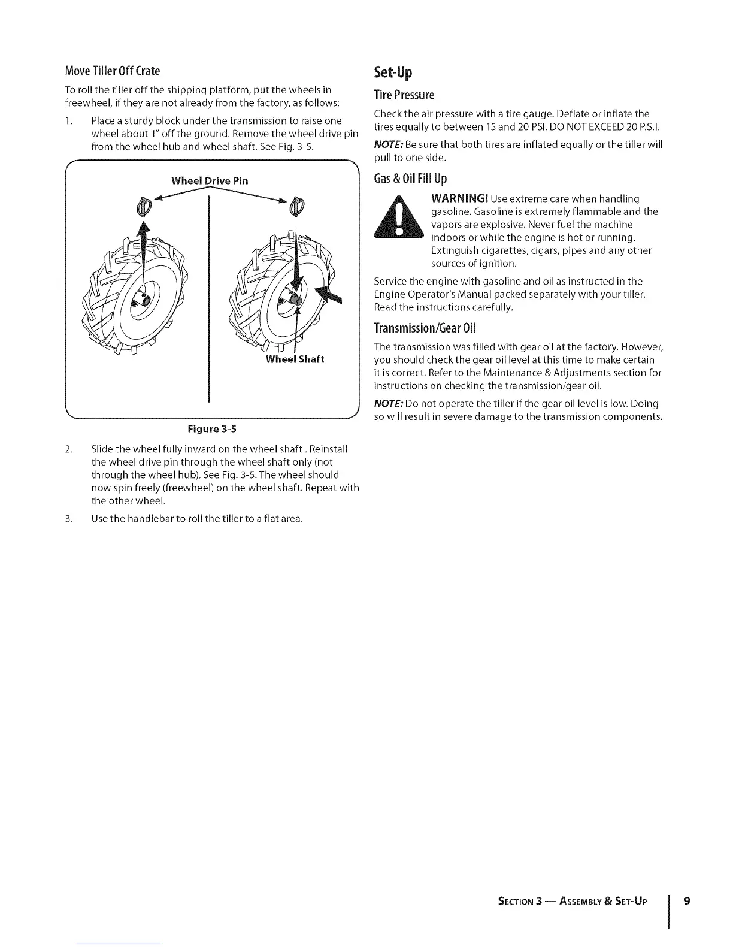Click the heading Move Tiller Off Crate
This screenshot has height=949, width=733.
(x=113, y=71)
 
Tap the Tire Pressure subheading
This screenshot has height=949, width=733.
(x=404, y=95)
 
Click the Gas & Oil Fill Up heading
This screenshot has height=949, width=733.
(x=410, y=179)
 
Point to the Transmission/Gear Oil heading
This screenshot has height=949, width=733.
(x=425, y=328)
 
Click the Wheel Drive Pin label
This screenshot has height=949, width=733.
(x=210, y=180)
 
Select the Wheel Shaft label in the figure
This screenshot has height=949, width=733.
(x=295, y=359)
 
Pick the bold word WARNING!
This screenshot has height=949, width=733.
(x=459, y=198)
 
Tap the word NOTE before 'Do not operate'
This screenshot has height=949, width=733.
(x=387, y=403)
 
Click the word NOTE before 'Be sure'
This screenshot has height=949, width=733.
(x=387, y=144)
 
